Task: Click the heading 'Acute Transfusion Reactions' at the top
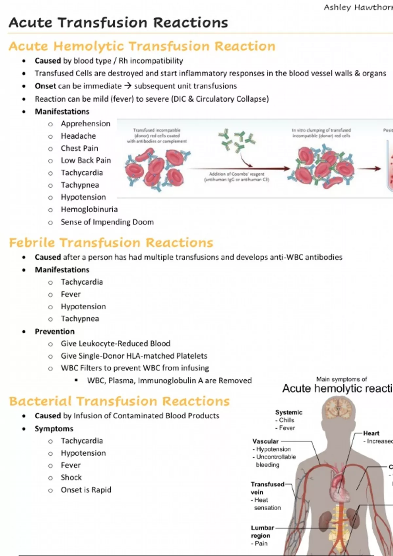118,23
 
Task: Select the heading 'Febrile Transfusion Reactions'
111,243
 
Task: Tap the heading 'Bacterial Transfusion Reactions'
119,401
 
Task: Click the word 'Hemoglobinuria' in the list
89,209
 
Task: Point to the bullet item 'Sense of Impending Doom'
107,222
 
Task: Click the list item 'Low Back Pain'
86,160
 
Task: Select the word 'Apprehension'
85,124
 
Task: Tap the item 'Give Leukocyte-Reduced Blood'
115,344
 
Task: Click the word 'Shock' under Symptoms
71,478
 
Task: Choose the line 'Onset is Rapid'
86,490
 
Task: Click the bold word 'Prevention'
55,332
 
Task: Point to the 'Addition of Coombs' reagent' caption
236,177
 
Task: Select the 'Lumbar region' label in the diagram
261,531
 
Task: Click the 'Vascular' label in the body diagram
265,441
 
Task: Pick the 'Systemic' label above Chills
289,412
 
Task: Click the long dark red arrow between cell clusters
239,169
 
